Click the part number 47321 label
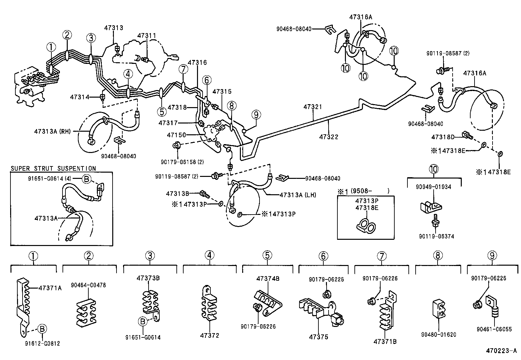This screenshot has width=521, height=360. [313, 107]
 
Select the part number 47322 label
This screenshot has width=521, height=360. [329, 137]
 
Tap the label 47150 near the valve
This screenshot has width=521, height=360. [176, 135]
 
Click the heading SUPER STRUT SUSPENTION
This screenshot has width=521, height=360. [53, 168]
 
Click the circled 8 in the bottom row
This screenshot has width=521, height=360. [438, 256]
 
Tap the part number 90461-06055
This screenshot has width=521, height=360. [494, 329]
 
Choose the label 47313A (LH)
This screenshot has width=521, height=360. [298, 195]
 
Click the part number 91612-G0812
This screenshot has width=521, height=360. [42, 343]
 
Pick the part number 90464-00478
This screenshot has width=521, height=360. [88, 285]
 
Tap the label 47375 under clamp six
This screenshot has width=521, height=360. [319, 337]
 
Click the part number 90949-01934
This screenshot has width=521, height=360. [433, 187]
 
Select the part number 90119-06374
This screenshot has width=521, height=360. [437, 236]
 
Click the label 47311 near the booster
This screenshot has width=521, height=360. [147, 36]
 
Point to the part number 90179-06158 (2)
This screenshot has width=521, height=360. [182, 161]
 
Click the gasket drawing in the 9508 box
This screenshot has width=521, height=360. [366, 226]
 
